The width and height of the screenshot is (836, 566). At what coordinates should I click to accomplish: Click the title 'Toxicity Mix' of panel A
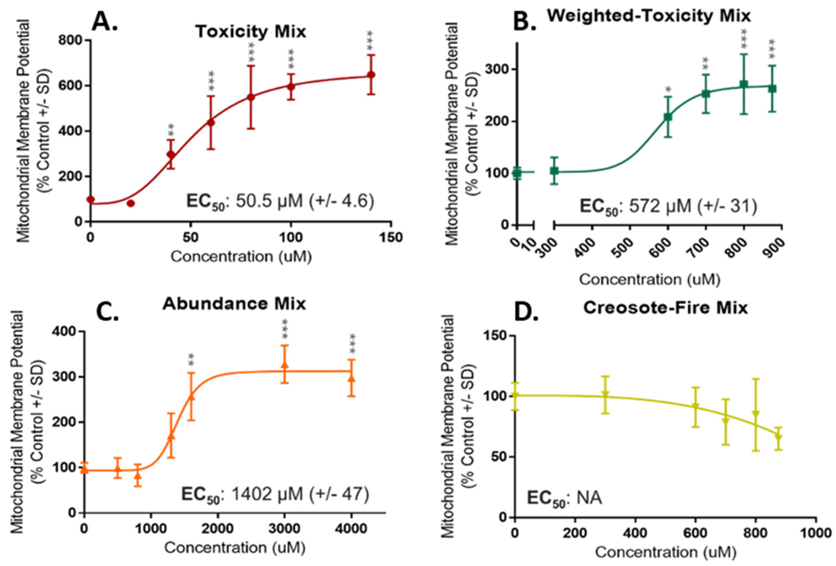pos(251,32)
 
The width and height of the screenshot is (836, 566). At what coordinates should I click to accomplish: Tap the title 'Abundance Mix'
pos(234,304)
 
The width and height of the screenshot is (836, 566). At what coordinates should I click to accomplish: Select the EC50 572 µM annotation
pos(668,207)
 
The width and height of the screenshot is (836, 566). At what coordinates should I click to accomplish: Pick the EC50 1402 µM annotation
pos(275,495)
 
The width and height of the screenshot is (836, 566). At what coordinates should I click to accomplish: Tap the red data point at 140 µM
pos(371,75)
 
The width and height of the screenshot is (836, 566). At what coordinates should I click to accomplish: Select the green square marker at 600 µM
pos(668,117)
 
